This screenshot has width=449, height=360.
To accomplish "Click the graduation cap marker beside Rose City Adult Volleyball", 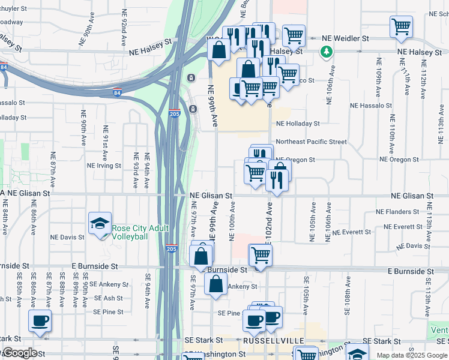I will pos(100,224).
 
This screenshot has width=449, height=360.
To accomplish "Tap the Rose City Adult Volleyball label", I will pos(140,232).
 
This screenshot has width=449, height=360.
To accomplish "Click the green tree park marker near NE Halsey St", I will pos(326,52).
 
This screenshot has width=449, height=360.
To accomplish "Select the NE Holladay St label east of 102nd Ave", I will pos(298,124).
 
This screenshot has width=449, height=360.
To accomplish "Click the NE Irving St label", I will pos(104,166).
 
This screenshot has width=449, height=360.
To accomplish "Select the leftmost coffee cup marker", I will pos(40,321).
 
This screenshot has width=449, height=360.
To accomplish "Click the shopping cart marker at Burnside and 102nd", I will pos(260,255).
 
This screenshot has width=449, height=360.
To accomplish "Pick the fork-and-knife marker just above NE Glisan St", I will pos(276,179).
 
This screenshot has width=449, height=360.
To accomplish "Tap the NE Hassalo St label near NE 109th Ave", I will pos(370,106).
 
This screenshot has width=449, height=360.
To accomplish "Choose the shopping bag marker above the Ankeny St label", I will pos(215,284).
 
